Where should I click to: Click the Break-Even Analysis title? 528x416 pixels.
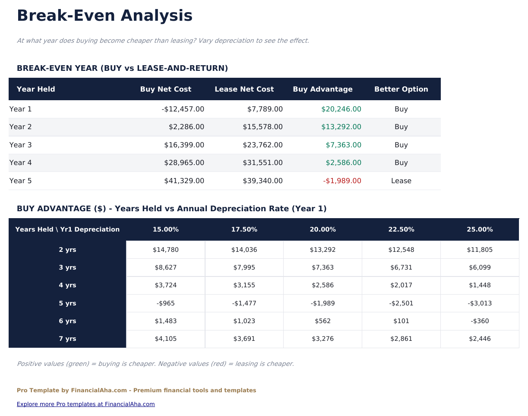tap(104, 16)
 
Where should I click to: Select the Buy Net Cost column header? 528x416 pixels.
tap(165, 89)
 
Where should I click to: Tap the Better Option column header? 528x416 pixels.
tap(401, 89)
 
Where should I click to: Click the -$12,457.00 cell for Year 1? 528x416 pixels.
tap(183, 109)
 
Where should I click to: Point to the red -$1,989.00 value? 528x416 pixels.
tap(342, 181)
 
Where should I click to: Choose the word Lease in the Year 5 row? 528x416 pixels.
tap(401, 181)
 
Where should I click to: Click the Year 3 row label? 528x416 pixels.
tap(21, 145)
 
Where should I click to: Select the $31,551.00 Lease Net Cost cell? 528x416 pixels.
tap(262, 163)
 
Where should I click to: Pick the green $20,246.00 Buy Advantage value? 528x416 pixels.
tap(341, 109)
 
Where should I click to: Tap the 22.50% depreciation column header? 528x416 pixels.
tap(401, 229)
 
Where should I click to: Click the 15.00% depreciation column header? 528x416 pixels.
tap(165, 229)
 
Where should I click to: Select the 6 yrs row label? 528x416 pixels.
tap(67, 321)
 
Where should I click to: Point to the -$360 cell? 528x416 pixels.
tap(480, 321)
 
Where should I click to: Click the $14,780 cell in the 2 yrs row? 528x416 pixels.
tap(165, 250)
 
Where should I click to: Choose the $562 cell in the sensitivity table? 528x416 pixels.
tap(322, 321)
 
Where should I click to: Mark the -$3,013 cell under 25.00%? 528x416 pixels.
tap(480, 303)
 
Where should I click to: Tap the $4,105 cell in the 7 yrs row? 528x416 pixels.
tap(165, 339)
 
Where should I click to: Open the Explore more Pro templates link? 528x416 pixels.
tap(85, 404)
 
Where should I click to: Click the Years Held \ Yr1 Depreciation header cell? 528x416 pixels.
tap(67, 229)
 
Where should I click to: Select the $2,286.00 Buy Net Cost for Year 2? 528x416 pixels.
tap(186, 127)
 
